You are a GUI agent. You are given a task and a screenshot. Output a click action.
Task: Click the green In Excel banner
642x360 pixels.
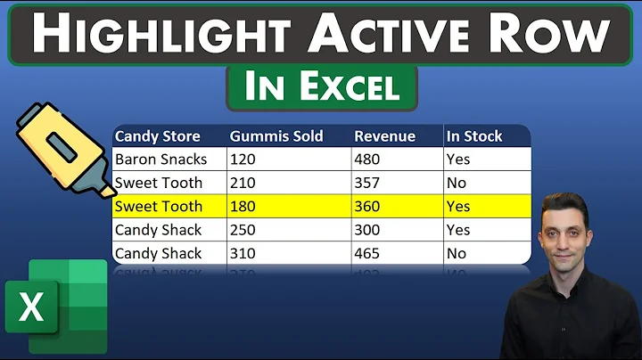(322, 88)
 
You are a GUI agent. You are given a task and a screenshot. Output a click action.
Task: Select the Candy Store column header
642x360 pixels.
(158, 136)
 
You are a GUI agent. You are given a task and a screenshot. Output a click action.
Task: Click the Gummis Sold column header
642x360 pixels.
(276, 136)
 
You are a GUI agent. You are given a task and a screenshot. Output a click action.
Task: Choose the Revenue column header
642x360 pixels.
(384, 136)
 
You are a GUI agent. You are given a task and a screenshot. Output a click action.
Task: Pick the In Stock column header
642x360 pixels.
(474, 136)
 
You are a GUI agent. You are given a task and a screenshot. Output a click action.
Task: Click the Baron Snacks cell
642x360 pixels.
(161, 160)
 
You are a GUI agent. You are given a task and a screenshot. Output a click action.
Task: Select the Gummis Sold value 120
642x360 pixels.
(242, 160)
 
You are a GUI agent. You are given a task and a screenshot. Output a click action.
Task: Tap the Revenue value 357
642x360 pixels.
(367, 183)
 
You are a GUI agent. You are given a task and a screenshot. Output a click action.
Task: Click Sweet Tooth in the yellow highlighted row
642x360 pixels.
(159, 206)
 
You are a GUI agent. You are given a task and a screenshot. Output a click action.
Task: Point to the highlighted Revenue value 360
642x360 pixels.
(367, 206)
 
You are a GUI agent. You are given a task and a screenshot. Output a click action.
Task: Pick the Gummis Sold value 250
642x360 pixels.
(243, 229)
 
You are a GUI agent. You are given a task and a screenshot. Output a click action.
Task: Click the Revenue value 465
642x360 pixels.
(367, 253)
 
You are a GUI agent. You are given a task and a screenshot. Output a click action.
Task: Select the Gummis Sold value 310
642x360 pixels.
(243, 253)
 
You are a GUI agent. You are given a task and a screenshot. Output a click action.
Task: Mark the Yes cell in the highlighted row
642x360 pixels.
(458, 206)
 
